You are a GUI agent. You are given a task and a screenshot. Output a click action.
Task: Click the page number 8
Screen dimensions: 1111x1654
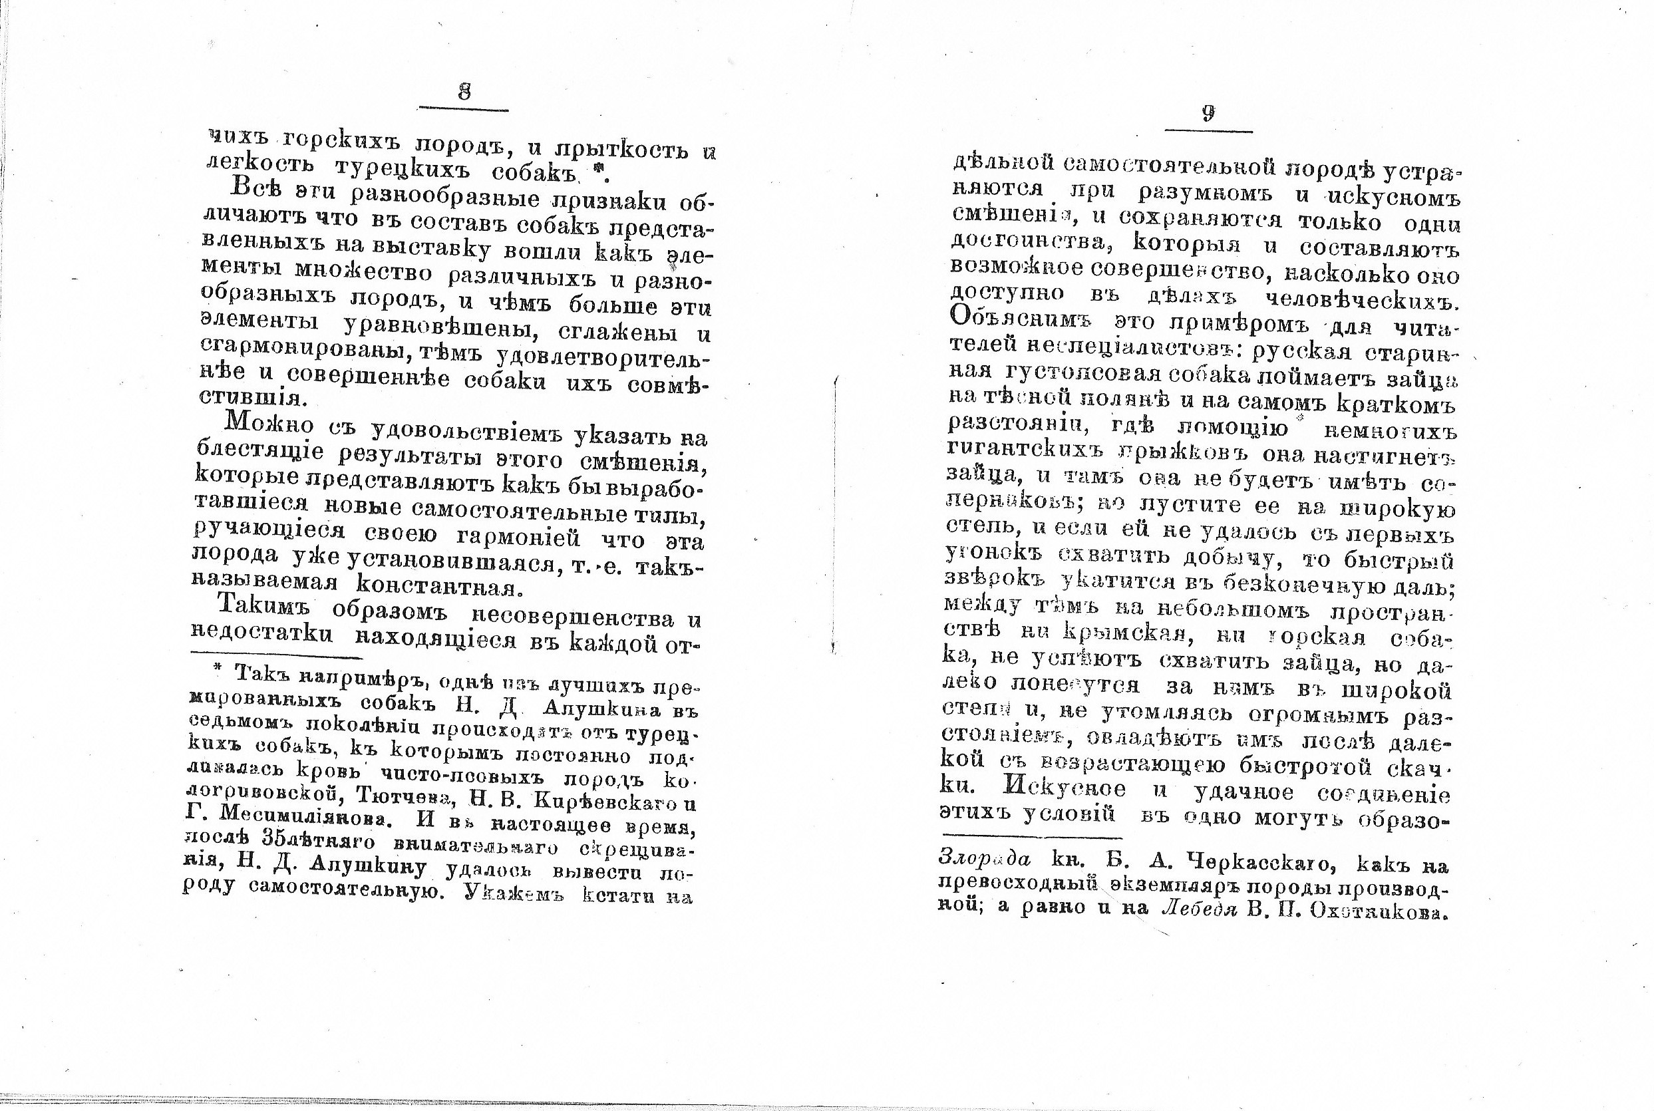(464, 92)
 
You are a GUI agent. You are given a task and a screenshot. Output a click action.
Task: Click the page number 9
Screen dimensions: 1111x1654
(1208, 113)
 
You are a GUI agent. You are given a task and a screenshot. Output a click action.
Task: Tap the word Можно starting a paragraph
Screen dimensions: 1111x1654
(269, 424)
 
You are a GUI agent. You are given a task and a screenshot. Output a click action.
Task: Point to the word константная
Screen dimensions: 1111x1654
(437, 587)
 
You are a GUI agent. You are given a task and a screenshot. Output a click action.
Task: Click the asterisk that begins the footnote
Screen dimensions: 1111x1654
(218, 667)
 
